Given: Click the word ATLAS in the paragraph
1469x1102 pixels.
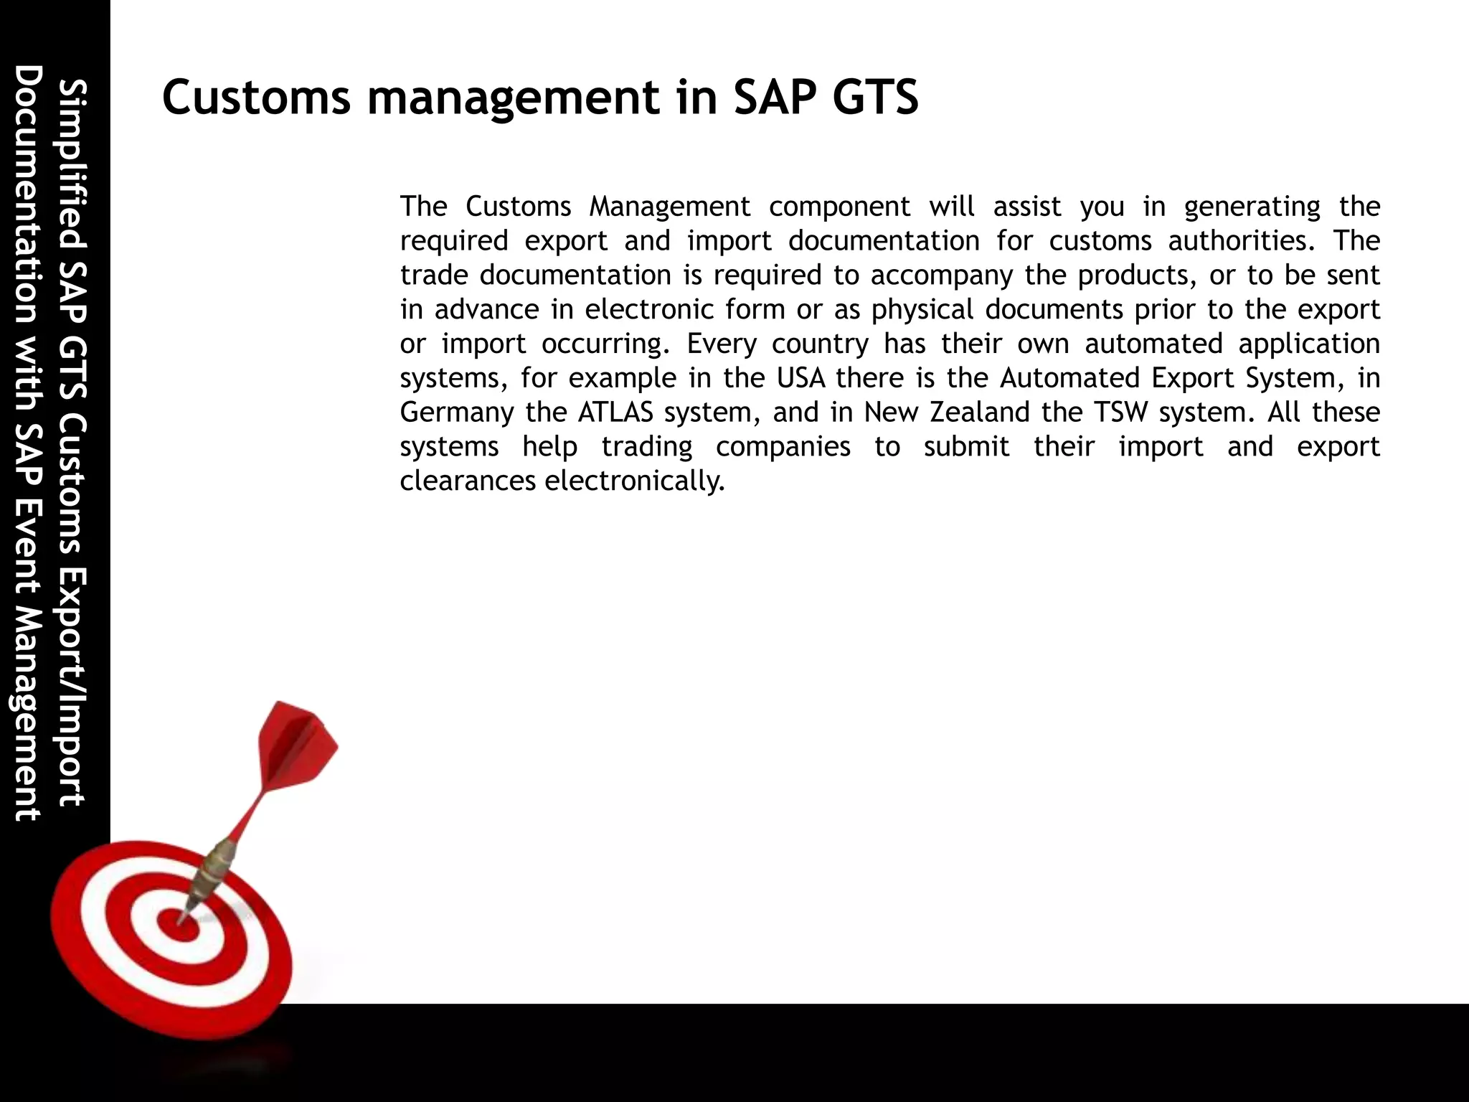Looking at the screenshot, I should tap(615, 413).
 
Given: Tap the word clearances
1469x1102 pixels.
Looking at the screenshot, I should tap(468, 481).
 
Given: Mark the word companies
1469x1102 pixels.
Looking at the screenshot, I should tap(783, 447).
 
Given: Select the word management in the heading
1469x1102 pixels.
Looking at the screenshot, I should tap(512, 98).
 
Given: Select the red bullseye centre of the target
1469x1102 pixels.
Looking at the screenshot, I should tap(176, 923).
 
